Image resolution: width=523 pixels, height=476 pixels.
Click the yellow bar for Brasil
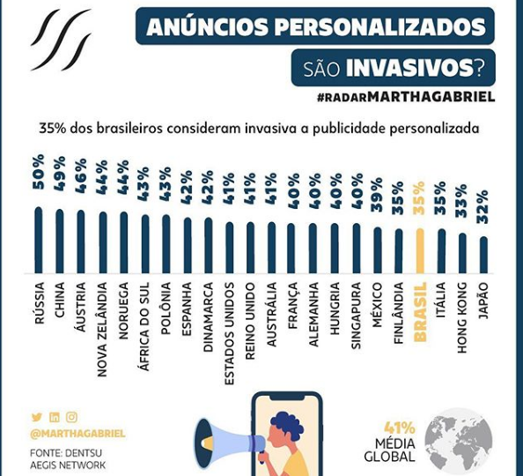(420, 251)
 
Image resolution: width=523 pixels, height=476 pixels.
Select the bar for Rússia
(39, 241)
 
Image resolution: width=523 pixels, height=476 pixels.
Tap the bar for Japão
(483, 256)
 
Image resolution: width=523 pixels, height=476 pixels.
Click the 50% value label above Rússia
(39, 172)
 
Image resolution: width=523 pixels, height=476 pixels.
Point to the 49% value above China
(60, 174)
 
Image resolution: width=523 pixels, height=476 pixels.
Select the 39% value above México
(377, 195)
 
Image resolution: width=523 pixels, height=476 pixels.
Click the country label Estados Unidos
(229, 334)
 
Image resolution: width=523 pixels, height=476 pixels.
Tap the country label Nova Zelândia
(102, 330)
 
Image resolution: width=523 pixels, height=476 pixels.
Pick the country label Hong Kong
(462, 317)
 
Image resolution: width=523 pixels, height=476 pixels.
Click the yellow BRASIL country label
(420, 312)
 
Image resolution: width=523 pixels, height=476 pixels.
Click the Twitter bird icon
(37, 417)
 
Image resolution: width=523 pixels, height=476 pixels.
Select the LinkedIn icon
(55, 417)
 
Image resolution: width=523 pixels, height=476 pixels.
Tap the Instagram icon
(71, 417)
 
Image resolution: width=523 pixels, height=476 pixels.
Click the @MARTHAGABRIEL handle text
(77, 434)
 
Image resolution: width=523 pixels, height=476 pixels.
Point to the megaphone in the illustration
(230, 443)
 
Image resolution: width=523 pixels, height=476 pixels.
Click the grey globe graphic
(459, 442)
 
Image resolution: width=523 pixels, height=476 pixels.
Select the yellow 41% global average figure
(400, 428)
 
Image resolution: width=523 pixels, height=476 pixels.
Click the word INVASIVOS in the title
(409, 68)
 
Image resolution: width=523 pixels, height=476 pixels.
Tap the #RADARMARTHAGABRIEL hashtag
(406, 97)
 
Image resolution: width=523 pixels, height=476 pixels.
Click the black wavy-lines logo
(61, 40)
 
